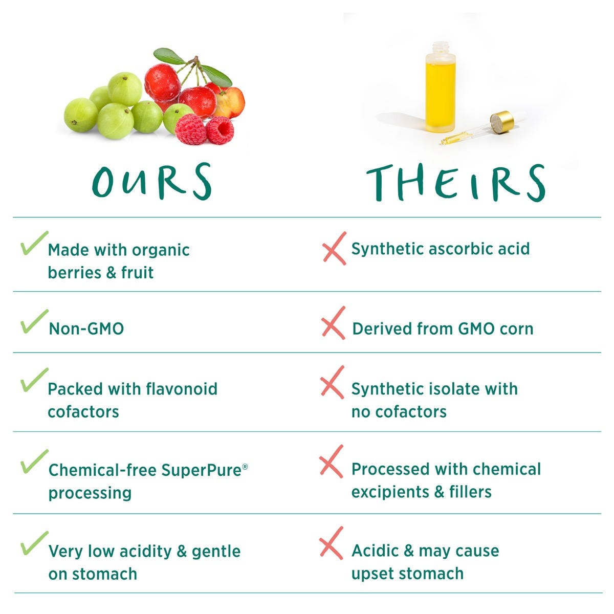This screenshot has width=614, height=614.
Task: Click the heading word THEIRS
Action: tap(456, 183)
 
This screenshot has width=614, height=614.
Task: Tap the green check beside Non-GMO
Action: tap(34, 322)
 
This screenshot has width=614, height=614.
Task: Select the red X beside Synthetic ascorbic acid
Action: tap(334, 248)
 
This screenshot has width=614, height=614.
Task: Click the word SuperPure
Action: tap(201, 470)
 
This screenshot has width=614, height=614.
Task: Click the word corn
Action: tap(516, 328)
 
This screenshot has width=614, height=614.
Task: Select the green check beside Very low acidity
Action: tap(34, 543)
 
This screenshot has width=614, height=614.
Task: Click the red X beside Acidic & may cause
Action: tap(331, 543)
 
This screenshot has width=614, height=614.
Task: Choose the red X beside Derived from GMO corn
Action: tap(333, 323)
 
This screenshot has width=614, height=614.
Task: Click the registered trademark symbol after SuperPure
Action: tap(245, 466)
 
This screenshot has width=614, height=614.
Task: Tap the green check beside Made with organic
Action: tap(34, 243)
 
